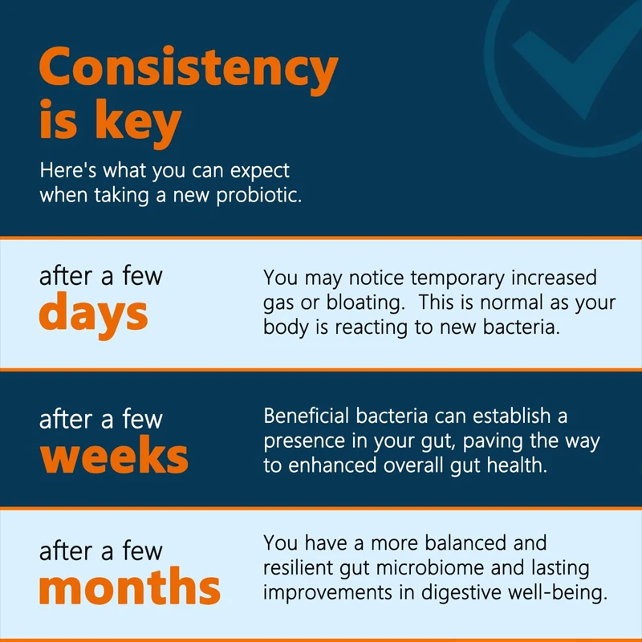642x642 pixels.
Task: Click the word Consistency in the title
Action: click(x=189, y=69)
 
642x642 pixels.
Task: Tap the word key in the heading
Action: click(x=138, y=123)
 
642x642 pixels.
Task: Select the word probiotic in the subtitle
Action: click(x=258, y=195)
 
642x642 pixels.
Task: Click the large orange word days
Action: click(x=93, y=315)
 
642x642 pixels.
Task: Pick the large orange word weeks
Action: click(x=114, y=454)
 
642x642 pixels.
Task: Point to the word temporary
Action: click(x=457, y=278)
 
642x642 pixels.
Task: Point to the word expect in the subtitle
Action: click(x=259, y=171)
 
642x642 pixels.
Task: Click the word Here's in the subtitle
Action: click(x=68, y=170)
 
